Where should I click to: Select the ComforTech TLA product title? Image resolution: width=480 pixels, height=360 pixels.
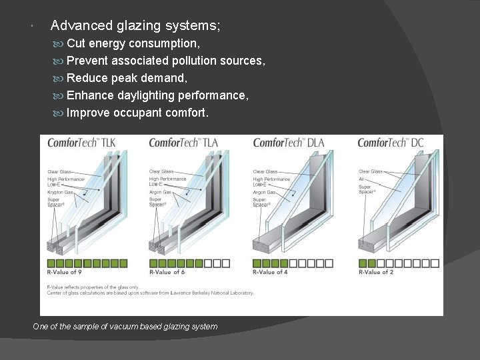[x=183, y=143]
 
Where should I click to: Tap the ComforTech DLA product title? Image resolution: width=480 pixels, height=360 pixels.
[x=288, y=143]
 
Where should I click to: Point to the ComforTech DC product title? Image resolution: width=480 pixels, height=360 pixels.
[x=391, y=143]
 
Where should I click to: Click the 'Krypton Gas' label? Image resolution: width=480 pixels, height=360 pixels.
[x=60, y=192]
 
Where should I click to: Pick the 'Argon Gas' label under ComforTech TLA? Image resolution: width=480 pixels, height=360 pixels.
[x=161, y=192]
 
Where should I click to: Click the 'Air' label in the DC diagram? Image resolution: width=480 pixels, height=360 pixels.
[x=362, y=179]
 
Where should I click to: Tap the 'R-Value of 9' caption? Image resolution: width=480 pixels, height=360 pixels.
[x=65, y=272]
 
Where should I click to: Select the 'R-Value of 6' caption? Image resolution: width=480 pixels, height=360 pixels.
[x=167, y=272]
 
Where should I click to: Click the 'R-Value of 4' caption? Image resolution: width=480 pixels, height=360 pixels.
[x=271, y=272]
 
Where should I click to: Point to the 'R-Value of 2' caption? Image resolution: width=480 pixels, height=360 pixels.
[x=375, y=272]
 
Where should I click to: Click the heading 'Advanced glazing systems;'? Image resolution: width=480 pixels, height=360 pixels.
[x=135, y=26]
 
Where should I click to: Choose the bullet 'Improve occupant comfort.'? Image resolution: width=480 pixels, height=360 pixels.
[x=137, y=113]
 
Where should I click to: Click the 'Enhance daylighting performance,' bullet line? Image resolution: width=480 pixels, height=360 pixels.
[x=158, y=95]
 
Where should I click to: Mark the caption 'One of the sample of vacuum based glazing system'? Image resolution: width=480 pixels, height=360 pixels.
[x=125, y=327]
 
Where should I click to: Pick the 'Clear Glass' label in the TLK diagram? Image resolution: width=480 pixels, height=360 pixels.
[x=60, y=171]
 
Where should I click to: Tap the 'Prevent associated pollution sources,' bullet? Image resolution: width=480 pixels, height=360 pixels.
[x=166, y=61]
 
